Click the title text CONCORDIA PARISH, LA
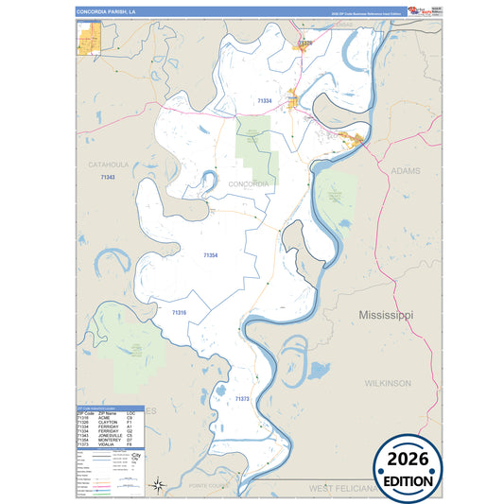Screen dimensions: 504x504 106,11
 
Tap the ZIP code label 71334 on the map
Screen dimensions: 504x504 265,100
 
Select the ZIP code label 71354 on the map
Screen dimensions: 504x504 210,255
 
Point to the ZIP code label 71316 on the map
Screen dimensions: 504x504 180,312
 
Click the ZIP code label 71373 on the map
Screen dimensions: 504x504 242,400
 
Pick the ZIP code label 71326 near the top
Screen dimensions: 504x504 304,43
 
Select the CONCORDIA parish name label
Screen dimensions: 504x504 249,183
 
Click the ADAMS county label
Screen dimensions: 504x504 405,171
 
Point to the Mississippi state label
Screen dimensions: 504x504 386,314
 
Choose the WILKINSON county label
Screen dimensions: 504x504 388,383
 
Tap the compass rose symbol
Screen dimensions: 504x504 160,486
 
